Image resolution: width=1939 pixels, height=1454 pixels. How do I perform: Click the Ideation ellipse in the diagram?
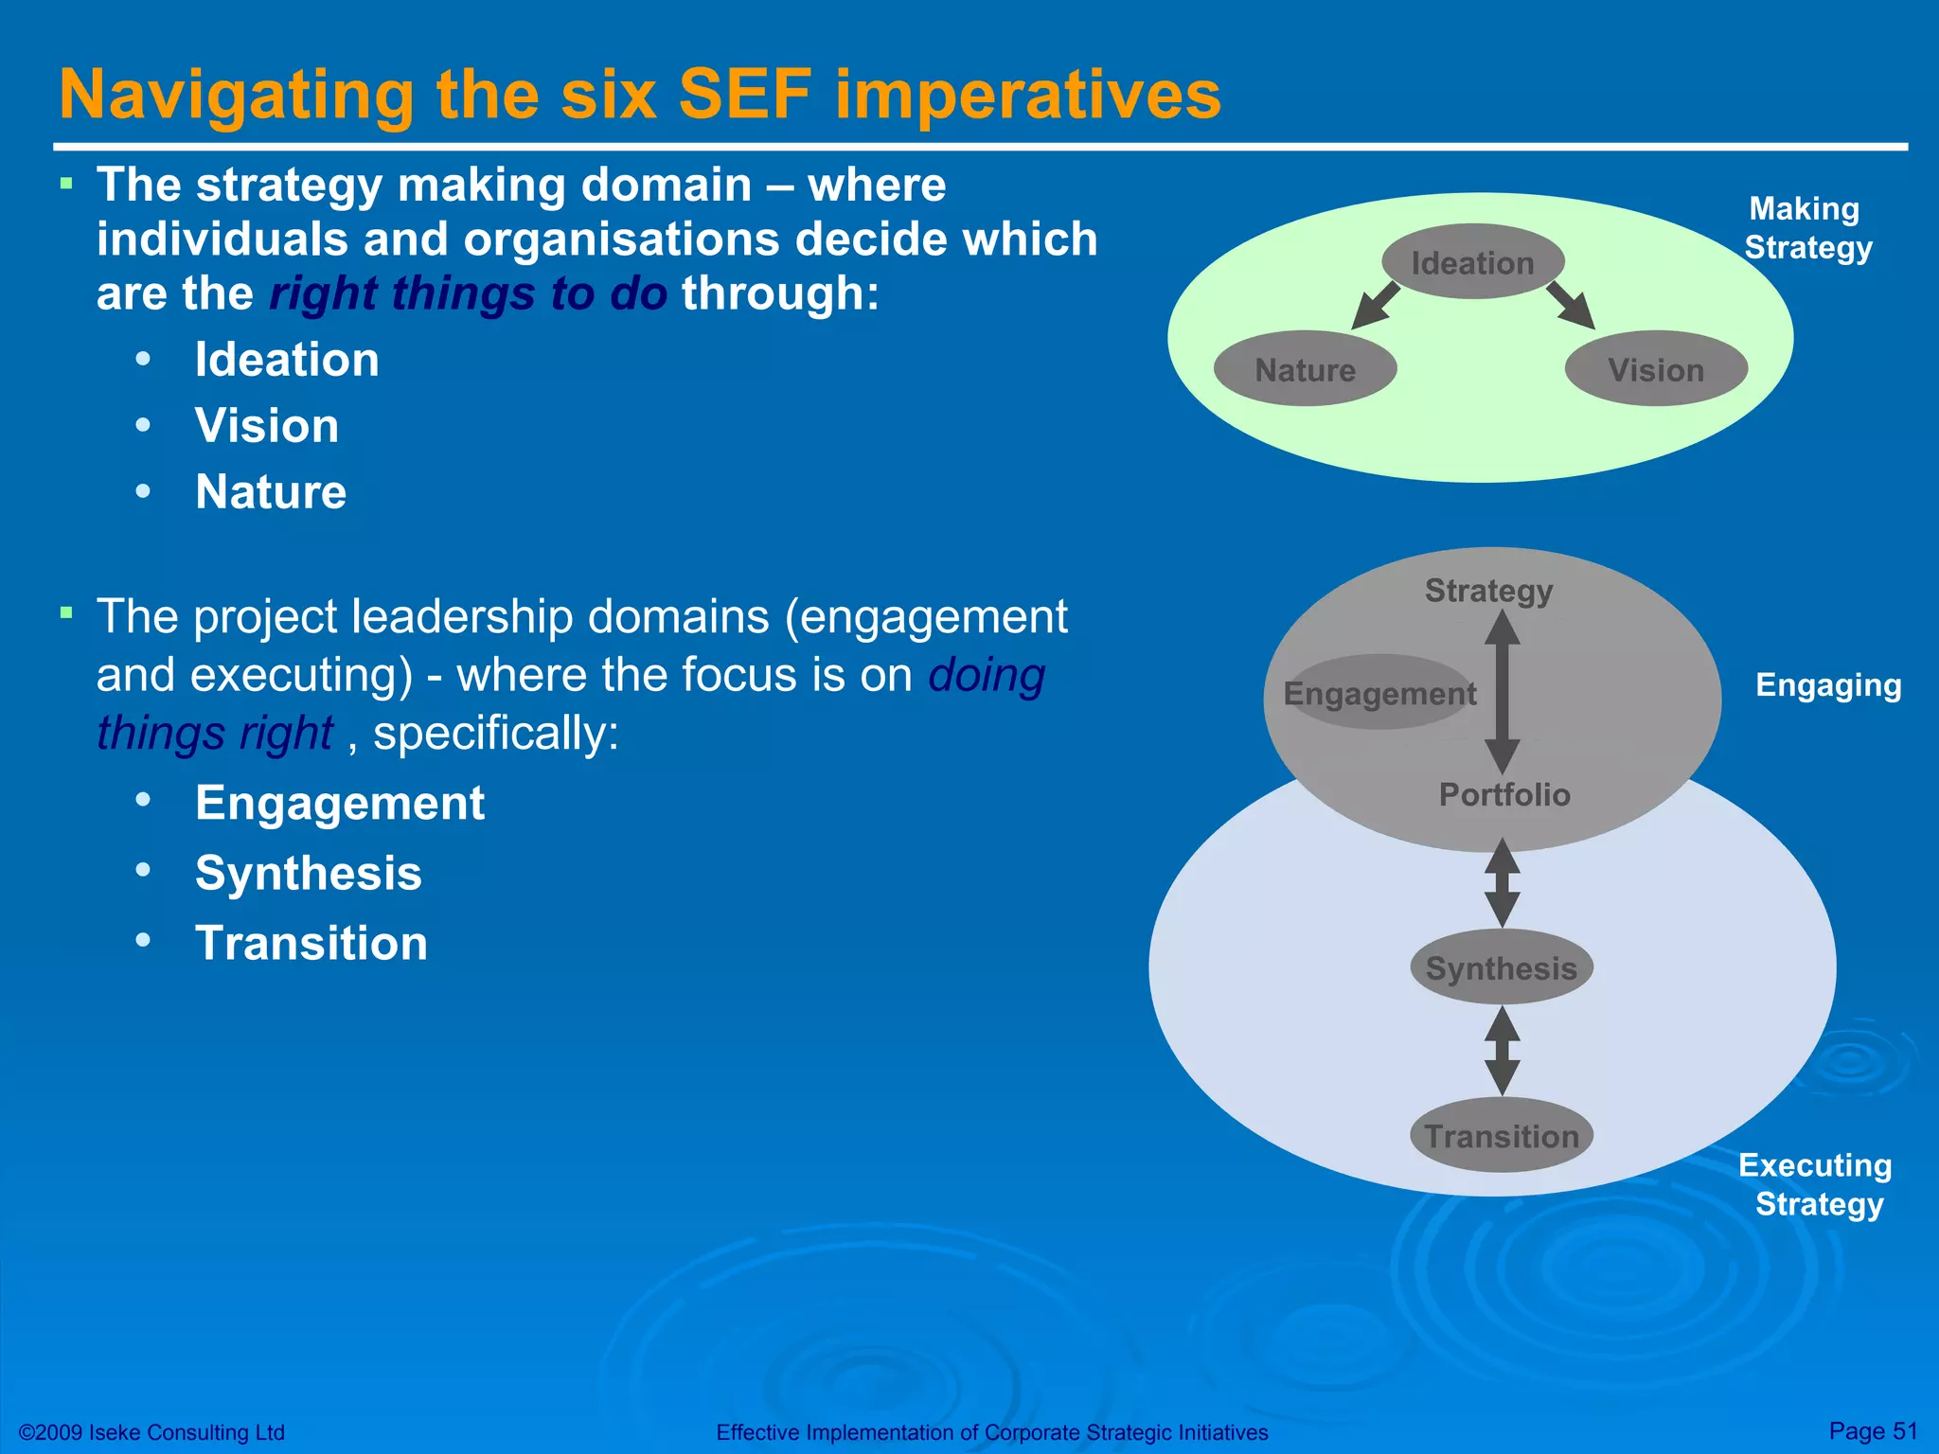point(1472,262)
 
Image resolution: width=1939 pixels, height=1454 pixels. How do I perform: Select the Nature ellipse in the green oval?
point(1305,369)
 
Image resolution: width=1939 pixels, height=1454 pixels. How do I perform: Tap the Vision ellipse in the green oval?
point(1656,369)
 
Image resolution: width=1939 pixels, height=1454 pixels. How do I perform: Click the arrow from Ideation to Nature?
point(1376,306)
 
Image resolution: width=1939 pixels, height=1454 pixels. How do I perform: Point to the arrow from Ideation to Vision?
point(1571,306)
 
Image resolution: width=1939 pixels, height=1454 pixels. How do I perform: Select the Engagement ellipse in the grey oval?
point(1379,693)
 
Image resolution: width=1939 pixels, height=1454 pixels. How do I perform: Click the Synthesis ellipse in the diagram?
point(1502,967)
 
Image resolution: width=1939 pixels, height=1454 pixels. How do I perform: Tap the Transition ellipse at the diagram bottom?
point(1502,1135)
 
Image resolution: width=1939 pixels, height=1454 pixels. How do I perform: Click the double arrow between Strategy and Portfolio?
point(1503,692)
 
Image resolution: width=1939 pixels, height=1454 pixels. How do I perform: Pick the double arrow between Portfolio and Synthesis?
point(1503,883)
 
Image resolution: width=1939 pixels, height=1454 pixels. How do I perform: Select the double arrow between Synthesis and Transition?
point(1503,1051)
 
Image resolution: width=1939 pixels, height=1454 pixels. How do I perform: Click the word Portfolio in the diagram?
point(1504,794)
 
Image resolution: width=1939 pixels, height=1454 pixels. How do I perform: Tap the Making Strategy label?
point(1806,228)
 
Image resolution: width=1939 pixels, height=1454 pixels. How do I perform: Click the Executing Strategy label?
point(1817,1184)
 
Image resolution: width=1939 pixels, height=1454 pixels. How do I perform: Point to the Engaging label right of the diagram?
point(1828,684)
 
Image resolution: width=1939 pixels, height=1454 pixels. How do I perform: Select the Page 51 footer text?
point(1873,1430)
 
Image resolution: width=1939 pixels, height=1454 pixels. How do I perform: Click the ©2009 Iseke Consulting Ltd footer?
point(152,1432)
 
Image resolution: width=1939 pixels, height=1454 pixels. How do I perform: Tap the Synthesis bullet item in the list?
point(308,873)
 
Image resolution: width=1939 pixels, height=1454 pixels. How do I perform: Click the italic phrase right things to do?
point(469,293)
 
